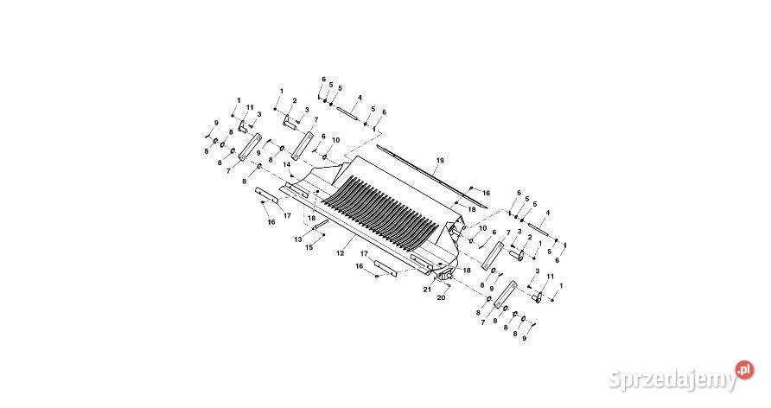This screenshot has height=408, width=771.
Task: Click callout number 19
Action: [440, 160]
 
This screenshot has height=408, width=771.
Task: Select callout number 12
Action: [340, 253]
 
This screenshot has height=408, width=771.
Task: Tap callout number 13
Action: [298, 239]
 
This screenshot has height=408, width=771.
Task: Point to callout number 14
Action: [287, 164]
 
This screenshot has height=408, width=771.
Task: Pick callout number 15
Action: [309, 247]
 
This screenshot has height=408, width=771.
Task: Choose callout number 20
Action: [441, 297]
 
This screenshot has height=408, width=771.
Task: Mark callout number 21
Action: [427, 290]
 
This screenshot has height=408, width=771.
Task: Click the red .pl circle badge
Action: [744, 370]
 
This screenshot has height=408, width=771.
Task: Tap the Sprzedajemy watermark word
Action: [672, 379]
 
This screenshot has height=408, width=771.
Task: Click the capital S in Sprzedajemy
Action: [616, 379]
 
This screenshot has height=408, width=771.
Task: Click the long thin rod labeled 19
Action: [431, 175]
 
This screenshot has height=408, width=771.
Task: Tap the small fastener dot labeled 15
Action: [323, 235]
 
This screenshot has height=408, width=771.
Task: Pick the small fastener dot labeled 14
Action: [291, 175]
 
